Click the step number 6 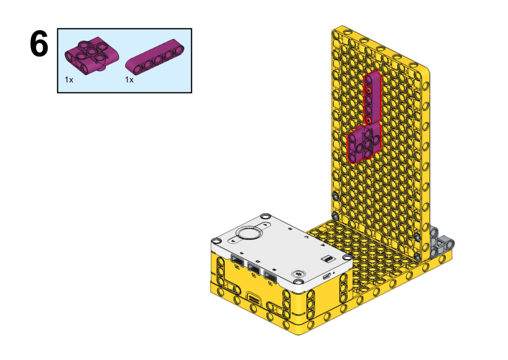pos(39,44)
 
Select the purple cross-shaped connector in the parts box pos(92,56)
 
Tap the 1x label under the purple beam pos(129,80)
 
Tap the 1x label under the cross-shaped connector pos(68,80)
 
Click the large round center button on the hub pos(249,233)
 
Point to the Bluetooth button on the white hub pos(298,274)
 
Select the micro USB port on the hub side pos(326,277)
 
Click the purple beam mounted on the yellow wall pos(372,97)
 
